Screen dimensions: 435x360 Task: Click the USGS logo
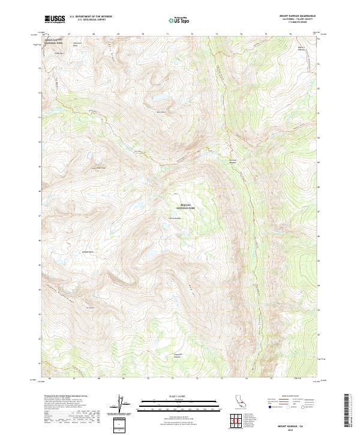pos(55,19)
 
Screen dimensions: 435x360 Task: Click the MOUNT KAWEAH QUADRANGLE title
pos(301,16)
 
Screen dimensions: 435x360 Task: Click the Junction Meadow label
pos(234,161)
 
